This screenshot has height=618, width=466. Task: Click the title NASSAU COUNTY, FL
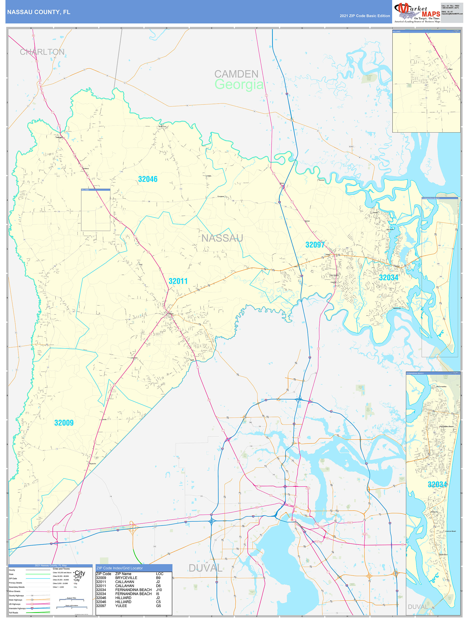(38, 12)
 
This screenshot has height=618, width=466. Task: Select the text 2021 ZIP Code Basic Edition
(365, 16)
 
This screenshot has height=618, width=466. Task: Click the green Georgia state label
(239, 84)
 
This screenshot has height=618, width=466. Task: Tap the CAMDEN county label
(236, 74)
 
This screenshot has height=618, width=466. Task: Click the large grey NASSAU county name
(222, 238)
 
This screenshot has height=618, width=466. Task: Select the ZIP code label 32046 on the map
(148, 179)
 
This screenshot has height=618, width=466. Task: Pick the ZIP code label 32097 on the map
(315, 245)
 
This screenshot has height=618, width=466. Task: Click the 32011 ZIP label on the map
(178, 281)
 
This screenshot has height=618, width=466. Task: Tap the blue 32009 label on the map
(64, 423)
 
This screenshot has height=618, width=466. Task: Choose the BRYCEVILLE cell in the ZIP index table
(126, 578)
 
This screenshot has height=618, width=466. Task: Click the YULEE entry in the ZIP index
(121, 606)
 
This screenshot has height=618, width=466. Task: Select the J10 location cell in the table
(159, 590)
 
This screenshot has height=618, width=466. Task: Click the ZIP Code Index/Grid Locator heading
(119, 568)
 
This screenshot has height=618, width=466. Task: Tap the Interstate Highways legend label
(17, 608)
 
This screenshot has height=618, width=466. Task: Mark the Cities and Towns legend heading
(61, 569)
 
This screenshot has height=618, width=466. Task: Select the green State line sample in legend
(38, 574)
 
